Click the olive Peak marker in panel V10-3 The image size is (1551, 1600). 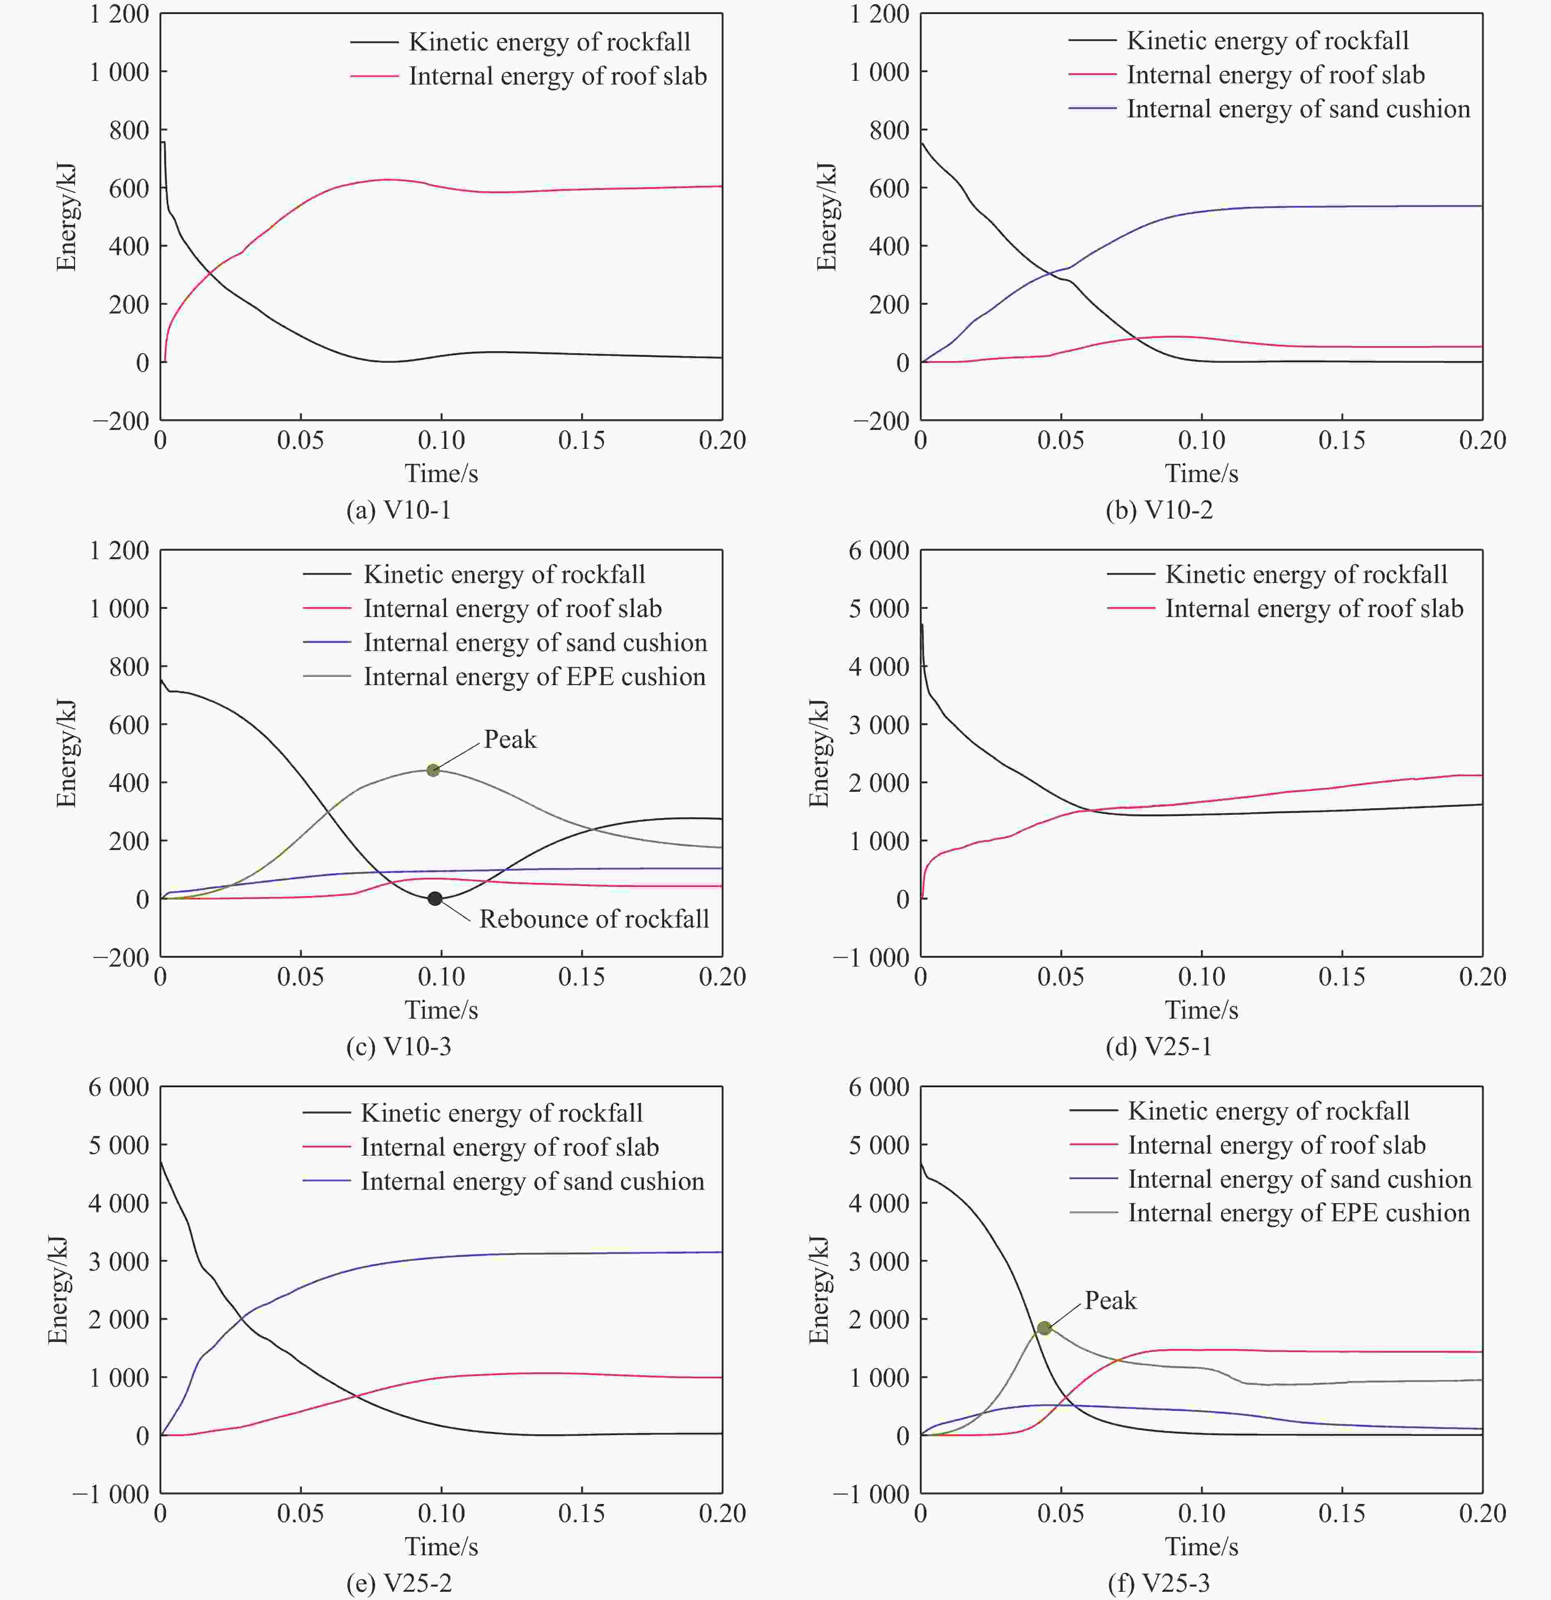pyautogui.click(x=433, y=770)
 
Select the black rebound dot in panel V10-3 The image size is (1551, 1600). pyautogui.click(x=435, y=899)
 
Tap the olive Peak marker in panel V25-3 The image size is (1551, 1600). pyautogui.click(x=1044, y=1328)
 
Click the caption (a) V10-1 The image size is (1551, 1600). pyautogui.click(x=398, y=510)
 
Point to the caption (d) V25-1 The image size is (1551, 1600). pyautogui.click(x=1158, y=1047)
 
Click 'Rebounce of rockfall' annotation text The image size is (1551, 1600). pyautogui.click(x=593, y=919)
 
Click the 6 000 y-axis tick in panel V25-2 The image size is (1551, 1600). pyautogui.click(x=118, y=1087)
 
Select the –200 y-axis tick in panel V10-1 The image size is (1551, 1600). pyautogui.click(x=121, y=421)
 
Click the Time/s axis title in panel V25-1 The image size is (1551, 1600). pyautogui.click(x=1201, y=1010)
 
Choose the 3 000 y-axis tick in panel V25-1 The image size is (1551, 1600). pyautogui.click(x=878, y=725)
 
